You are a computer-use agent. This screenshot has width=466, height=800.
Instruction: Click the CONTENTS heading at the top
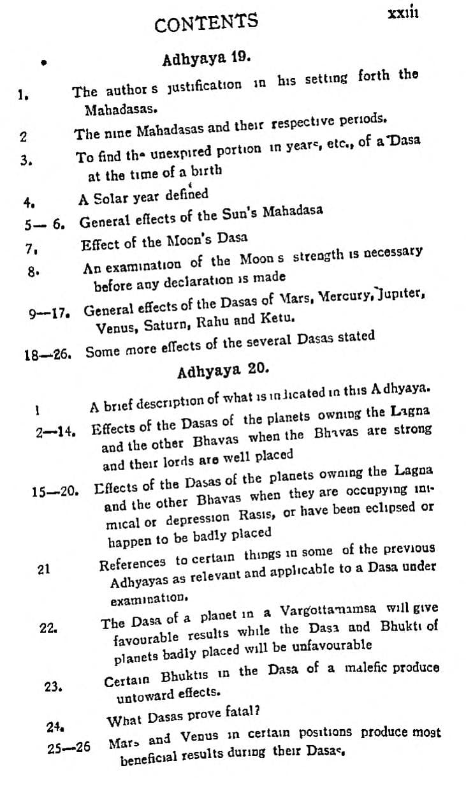coord(206,24)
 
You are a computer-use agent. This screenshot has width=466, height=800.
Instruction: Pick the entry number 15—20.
coord(54,492)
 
